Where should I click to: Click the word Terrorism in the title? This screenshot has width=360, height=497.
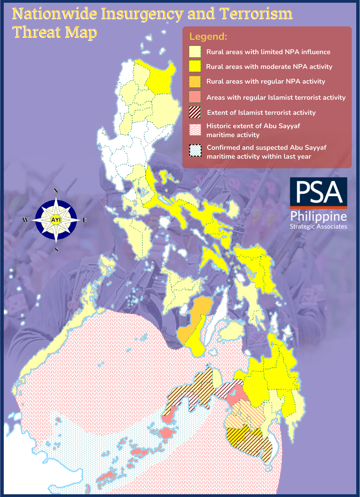tap(256, 14)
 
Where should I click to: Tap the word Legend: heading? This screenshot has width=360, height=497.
tap(208, 37)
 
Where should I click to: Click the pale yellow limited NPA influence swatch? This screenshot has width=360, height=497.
tap(195, 52)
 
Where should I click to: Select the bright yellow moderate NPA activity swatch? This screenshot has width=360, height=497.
tap(195, 66)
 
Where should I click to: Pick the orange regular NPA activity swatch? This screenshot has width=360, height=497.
tap(195, 82)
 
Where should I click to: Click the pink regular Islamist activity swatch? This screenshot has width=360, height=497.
tap(195, 97)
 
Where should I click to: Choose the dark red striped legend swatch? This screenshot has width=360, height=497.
tap(195, 112)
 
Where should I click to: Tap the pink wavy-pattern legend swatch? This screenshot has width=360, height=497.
tap(195, 130)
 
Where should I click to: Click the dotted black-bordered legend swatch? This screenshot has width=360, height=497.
tap(195, 150)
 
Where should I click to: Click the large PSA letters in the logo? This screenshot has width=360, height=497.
tap(319, 192)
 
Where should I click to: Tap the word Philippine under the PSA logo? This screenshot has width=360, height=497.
tap(319, 217)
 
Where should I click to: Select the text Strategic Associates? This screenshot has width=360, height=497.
tap(319, 227)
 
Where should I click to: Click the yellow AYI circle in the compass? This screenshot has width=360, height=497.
tap(56, 220)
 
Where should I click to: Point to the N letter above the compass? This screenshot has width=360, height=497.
tap(56, 191)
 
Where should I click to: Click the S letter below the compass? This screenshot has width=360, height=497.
tap(56, 250)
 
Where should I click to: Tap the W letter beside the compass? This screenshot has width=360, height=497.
tap(25, 220)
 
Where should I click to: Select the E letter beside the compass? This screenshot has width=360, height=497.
tap(85, 220)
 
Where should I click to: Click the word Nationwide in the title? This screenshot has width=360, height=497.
tap(55, 14)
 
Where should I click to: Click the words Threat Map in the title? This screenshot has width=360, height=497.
tap(55, 32)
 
